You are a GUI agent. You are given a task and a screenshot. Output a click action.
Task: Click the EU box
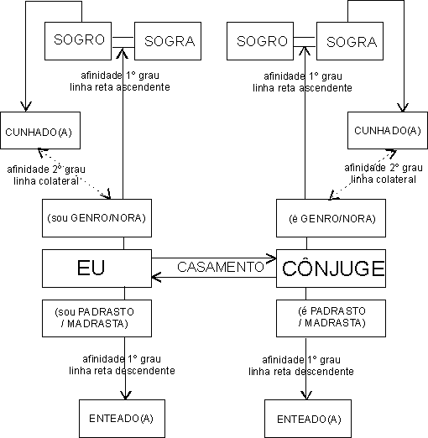pos(97,269)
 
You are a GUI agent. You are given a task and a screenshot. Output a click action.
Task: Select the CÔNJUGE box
pos(331,269)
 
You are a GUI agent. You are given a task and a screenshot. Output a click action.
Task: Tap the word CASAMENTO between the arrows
pos(221,267)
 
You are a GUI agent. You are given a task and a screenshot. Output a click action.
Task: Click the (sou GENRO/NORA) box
pos(97,218)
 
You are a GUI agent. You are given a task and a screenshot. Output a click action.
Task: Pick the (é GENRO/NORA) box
pos(331,218)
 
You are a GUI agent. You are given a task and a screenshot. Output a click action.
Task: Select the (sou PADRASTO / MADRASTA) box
pos(97,318)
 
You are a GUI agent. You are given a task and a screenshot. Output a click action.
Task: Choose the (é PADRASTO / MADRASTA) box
pos(331,318)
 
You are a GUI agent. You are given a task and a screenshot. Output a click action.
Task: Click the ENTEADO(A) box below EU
pos(122,419)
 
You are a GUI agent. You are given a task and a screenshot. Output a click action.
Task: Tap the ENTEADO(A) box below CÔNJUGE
pos(308,419)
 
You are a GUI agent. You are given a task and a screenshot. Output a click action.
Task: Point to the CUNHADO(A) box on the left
pos(40,130)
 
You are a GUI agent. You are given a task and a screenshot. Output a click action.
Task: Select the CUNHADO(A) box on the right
pos(388,130)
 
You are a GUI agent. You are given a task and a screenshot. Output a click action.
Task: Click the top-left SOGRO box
pos(78,41)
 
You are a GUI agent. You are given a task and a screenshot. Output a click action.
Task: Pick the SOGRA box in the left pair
pos(168,41)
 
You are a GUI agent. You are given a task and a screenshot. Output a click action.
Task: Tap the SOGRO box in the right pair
pos(260,41)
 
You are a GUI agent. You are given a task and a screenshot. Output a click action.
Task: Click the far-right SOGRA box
pos(350,41)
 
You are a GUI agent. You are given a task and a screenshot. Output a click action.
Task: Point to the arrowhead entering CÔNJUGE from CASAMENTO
pos(271,258)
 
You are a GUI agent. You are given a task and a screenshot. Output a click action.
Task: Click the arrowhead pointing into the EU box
pos(156,277)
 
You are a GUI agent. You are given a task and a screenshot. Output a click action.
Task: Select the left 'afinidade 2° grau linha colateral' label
pos(46,175)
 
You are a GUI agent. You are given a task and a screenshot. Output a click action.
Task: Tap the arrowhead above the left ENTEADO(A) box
pos(126,395)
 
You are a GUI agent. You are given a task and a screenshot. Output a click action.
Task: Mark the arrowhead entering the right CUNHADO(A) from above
pos(403,107)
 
